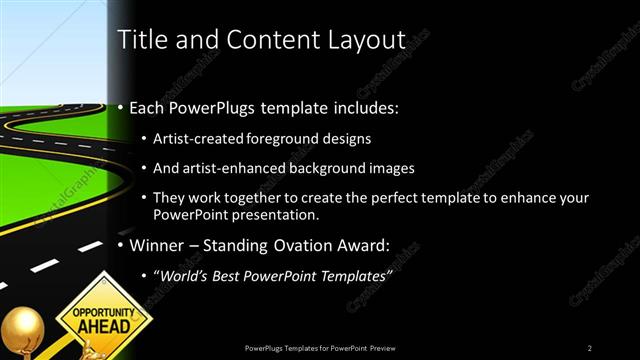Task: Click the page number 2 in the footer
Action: [590, 347]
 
